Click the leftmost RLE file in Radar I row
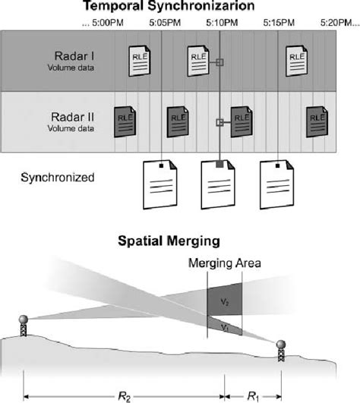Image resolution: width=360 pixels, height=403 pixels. pyautogui.click(x=138, y=64)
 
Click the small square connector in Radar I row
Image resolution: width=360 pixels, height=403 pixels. pyautogui.click(x=219, y=64)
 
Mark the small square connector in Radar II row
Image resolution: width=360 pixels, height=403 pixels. pyautogui.click(x=219, y=121)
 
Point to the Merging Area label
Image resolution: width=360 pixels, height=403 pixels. pyautogui.click(x=225, y=263)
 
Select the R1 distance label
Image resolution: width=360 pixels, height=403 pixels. pyautogui.click(x=251, y=395)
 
